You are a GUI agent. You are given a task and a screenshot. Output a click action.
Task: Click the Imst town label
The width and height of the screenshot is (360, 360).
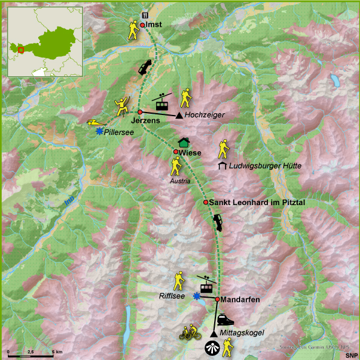155,25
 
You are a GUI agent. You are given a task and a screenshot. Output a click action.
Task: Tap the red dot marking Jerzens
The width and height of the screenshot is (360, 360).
139,113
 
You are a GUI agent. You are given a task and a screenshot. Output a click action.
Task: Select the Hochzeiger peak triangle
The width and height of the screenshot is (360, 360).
179,115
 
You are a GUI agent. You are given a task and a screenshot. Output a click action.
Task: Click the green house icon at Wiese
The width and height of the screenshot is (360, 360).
184,143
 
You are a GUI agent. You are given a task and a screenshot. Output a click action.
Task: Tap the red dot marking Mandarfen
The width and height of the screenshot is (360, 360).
217,299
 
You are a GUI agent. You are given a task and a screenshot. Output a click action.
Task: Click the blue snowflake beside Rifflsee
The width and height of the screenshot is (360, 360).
196,296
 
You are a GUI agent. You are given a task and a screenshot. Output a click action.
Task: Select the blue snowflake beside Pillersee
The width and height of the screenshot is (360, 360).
99,130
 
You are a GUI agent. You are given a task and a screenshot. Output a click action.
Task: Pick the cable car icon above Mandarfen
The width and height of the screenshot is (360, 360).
206,284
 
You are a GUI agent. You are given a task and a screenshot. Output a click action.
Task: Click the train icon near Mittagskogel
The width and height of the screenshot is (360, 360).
225,319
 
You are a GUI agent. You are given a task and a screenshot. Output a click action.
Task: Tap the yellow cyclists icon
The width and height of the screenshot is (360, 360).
190,332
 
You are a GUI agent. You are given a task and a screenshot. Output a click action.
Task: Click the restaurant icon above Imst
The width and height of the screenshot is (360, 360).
144,16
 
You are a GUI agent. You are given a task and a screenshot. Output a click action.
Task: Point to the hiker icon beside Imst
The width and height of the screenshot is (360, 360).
133,30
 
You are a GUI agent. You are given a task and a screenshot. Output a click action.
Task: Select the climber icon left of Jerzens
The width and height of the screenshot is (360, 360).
123,105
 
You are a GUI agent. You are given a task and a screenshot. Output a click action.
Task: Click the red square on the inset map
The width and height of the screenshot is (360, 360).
21,49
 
